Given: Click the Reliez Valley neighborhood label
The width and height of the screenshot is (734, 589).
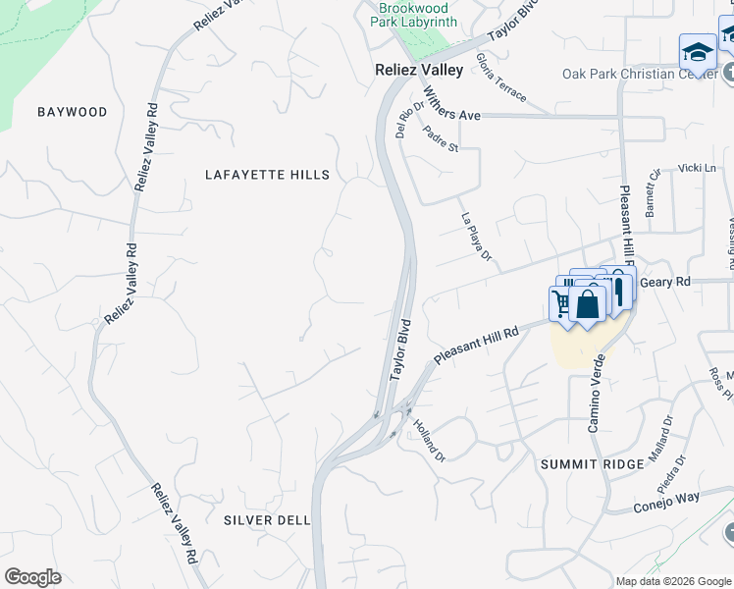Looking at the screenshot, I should [419, 70].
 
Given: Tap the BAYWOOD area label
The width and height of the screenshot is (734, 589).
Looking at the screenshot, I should [73, 112].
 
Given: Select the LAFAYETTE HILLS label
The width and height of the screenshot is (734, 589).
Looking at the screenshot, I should [267, 175].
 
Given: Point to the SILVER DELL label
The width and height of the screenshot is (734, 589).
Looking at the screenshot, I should [267, 520].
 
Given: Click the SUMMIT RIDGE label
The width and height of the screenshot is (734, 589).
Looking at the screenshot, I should [593, 463].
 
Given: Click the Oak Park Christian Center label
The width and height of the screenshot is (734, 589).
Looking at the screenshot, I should [632, 74].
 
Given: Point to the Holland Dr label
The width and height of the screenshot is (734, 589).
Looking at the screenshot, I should [430, 441].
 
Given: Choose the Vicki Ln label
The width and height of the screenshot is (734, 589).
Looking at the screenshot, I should [697, 168].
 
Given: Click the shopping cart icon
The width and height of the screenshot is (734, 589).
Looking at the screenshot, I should [560, 303].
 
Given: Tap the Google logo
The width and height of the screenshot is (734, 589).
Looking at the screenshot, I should [32, 577].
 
